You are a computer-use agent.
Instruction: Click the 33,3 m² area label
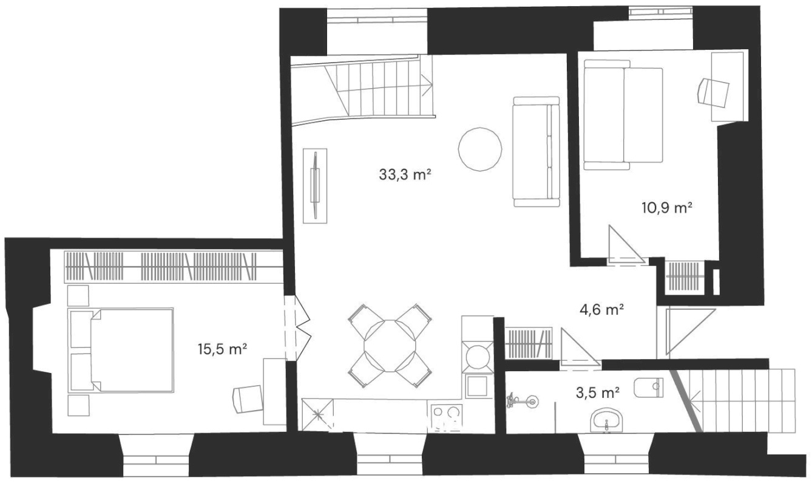[405, 175]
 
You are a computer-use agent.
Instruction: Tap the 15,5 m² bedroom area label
[223, 349]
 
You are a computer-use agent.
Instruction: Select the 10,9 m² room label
[668, 209]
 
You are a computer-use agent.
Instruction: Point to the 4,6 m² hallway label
[601, 310]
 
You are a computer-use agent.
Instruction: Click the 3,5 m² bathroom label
[598, 392]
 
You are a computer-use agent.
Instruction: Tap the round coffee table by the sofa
[480, 149]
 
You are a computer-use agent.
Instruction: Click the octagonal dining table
[390, 346]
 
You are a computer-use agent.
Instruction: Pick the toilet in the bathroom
[649, 388]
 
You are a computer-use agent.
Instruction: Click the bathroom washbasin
[606, 422]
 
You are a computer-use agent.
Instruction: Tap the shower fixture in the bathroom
[522, 401]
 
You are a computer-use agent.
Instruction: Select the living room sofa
[536, 152]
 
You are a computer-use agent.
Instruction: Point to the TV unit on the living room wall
[315, 186]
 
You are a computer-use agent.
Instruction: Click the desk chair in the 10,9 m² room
[714, 92]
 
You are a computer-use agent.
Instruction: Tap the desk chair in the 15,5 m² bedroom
[248, 399]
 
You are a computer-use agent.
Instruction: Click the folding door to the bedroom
[298, 328]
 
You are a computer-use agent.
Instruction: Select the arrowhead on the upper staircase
[428, 85]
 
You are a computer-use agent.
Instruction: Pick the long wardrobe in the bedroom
[174, 267]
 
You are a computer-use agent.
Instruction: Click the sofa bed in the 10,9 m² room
[623, 115]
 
